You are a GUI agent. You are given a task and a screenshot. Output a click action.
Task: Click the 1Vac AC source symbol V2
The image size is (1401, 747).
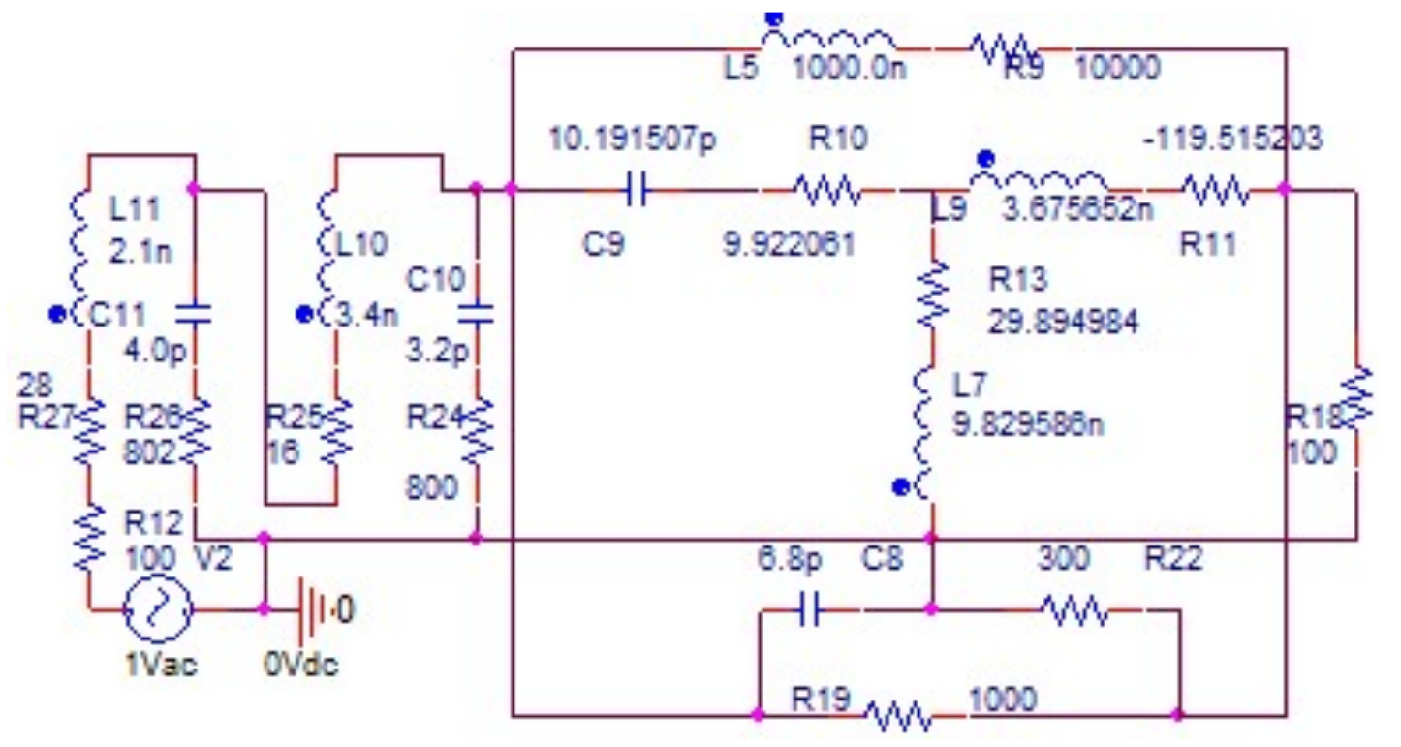[x=156, y=610]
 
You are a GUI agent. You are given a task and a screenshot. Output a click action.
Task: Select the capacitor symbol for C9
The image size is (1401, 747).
[x=637, y=191]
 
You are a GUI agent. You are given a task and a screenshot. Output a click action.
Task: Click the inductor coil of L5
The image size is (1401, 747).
[x=842, y=40]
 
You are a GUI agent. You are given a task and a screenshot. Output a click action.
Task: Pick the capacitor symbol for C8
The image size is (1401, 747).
[x=811, y=610]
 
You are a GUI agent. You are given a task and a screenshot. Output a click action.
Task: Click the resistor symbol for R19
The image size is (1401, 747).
[x=896, y=717]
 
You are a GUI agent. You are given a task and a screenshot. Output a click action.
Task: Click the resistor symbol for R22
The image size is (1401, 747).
[x=1074, y=610]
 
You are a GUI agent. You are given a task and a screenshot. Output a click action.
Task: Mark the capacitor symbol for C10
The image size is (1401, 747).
[x=475, y=314]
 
